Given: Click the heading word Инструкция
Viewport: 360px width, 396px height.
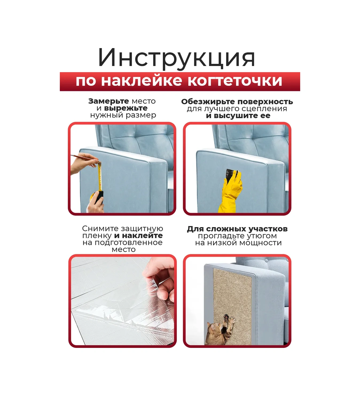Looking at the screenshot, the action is coord(177,58).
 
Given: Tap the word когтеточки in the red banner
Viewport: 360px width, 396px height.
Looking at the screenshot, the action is coord(235,81).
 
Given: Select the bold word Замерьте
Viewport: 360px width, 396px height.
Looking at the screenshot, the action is coord(108,101).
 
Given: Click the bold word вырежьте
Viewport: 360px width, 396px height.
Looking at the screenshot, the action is coord(126,108).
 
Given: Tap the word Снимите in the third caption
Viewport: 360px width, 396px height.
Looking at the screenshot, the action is coord(100,229).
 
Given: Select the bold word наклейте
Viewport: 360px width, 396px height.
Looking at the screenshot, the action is coord(142,235).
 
